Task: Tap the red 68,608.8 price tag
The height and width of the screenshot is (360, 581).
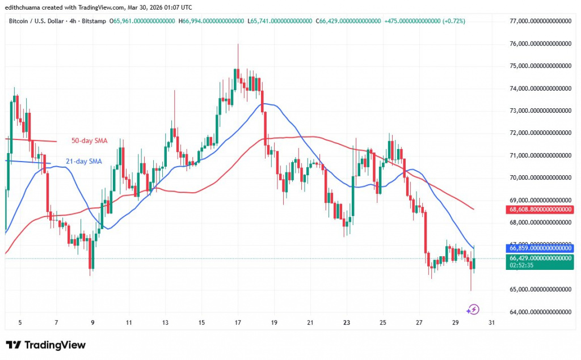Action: tap(540, 209)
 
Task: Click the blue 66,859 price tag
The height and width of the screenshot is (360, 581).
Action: tap(540, 248)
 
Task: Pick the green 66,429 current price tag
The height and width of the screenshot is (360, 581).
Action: tap(540, 258)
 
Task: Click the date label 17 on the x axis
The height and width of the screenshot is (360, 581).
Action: tap(238, 323)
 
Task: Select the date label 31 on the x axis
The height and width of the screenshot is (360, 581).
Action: tap(491, 323)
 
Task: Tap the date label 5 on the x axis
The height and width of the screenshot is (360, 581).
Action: tap(20, 323)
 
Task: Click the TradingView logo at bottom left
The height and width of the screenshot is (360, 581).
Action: tap(46, 345)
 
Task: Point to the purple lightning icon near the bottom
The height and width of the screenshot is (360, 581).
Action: tap(474, 310)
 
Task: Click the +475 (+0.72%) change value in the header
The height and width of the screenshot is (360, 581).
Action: tap(424, 21)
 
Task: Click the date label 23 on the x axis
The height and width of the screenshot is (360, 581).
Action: tap(347, 323)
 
